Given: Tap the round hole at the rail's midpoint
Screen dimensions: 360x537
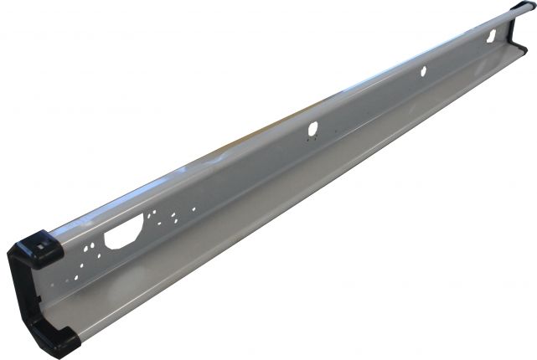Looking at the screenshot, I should (313, 130).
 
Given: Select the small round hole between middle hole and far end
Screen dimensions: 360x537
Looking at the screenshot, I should (422, 73).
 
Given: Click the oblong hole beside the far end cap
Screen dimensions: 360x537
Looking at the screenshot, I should (493, 35).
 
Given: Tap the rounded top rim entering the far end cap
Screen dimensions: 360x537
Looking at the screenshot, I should (503, 17).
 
